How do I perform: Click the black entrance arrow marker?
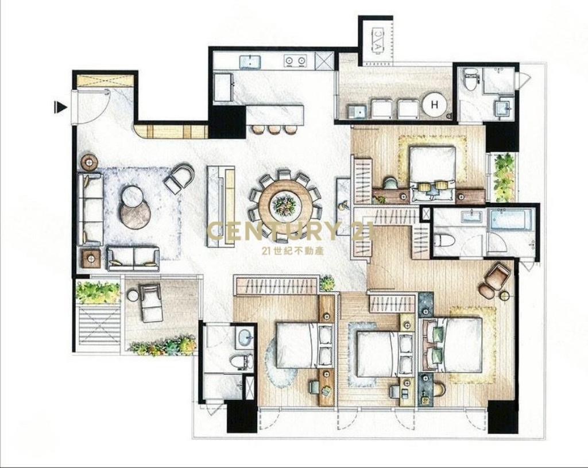tap(60, 107)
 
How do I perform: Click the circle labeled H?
tap(434, 105)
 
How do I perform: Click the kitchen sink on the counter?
tap(250, 61)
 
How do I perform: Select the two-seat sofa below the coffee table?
tap(133, 258)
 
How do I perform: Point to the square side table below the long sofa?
tap(91, 258)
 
